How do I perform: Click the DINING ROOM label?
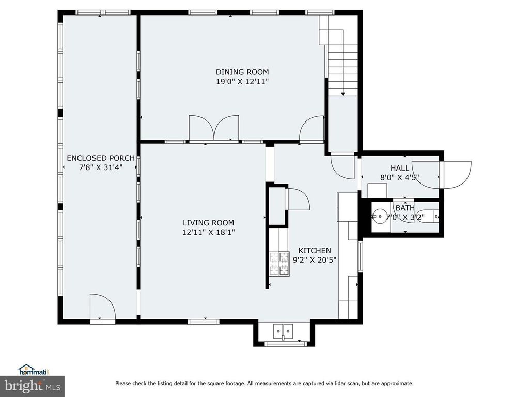pos(242,72)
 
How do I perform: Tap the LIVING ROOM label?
pos(209,223)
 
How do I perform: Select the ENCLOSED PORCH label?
pos(101,158)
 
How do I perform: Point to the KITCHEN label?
pos(315,251)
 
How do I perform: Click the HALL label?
pos(400,168)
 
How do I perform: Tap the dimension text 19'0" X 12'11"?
pos(242,81)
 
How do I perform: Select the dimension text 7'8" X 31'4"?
pos(101,167)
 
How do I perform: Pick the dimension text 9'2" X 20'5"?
pos(315,260)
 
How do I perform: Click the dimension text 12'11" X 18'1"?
pos(209,232)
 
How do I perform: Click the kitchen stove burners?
pos(279,264)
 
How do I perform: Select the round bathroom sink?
pos(380,216)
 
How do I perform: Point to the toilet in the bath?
pos(429,216)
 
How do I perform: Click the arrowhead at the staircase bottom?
pos(343,94)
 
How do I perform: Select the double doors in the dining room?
pos(214,128)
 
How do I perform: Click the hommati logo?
pos(33,370)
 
